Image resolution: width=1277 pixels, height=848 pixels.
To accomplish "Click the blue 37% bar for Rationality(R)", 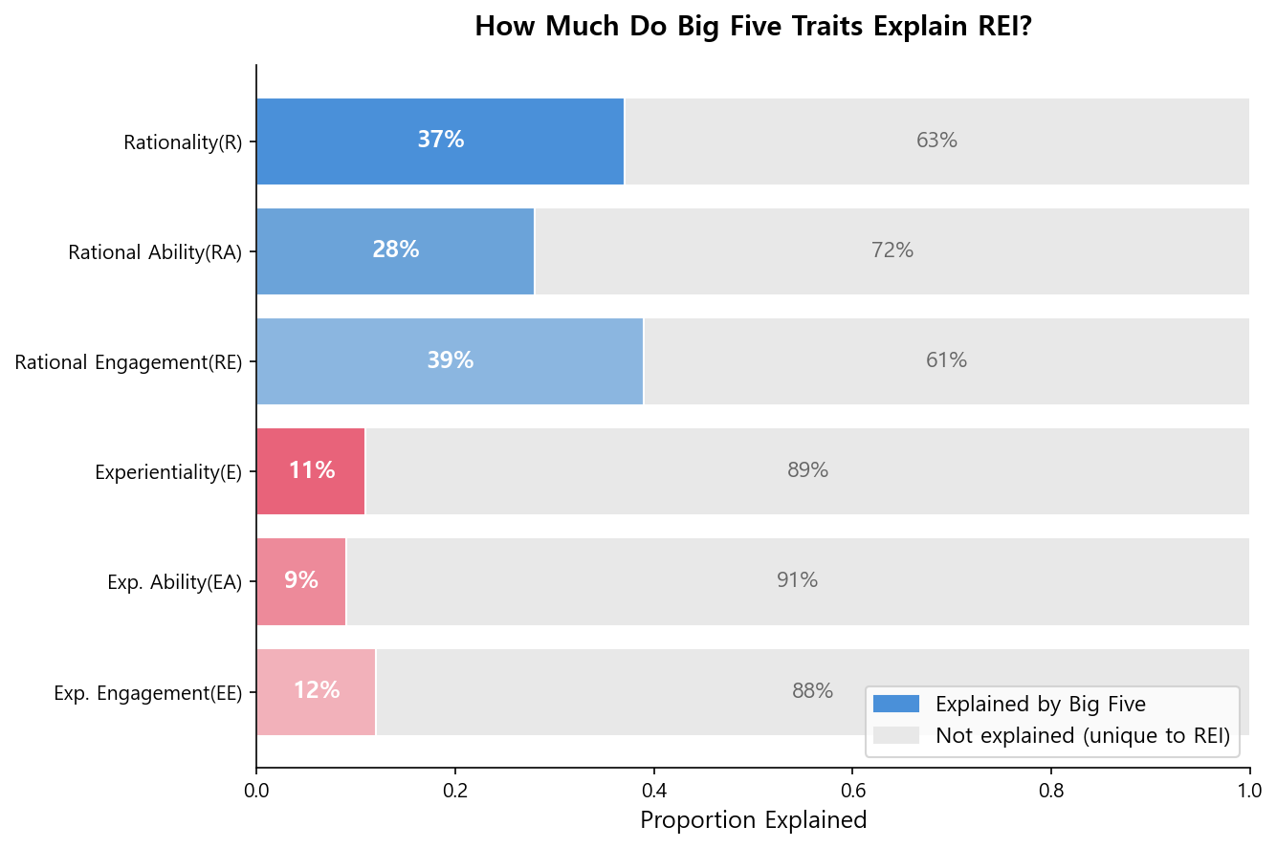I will point(440,141).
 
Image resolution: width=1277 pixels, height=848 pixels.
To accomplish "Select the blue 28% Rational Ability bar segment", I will point(395,250).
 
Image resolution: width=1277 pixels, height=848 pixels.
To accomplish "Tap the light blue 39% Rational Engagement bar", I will point(450,360).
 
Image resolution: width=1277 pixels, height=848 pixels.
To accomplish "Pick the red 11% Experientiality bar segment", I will point(311,470).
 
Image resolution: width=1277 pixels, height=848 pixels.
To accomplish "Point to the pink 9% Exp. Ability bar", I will point(300,580).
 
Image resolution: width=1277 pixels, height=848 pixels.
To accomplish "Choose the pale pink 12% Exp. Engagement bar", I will point(316,690).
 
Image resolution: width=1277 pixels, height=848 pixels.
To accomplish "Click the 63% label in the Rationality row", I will point(936,141).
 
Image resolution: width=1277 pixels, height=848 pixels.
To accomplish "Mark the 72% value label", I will point(892,250).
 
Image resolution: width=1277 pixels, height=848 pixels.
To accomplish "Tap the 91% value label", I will point(797,580).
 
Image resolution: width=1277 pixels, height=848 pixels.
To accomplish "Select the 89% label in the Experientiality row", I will point(807,470).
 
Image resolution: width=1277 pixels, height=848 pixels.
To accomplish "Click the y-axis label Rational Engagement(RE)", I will point(129,362).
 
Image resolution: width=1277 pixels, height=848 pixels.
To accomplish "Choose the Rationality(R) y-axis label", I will point(183,143).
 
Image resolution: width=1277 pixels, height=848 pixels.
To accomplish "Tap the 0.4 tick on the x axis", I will point(653,792).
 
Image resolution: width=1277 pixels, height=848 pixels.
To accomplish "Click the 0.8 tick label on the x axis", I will point(1050,792).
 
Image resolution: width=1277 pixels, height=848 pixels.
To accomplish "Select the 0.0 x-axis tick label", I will point(256,792).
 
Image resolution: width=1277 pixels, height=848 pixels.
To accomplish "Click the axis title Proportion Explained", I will point(753,820).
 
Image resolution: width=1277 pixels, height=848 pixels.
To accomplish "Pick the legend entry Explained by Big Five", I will point(1040,705).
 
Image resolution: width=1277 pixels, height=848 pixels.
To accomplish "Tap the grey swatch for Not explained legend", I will point(895,735).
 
